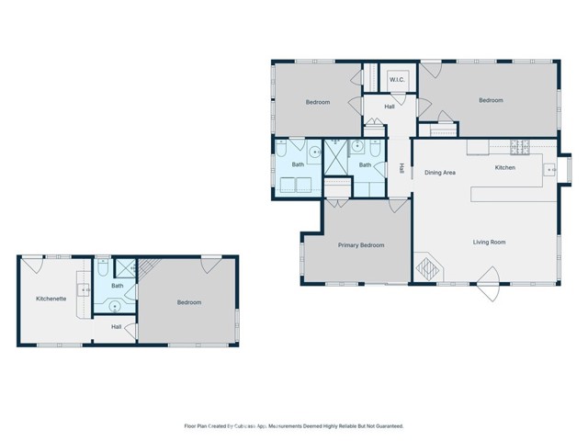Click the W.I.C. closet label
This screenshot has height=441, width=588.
397,80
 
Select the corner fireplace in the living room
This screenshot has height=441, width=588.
429,270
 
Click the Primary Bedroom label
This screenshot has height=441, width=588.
360,245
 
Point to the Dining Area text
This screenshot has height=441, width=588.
440,172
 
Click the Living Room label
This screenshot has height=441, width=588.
490,243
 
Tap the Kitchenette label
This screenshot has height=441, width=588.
51,299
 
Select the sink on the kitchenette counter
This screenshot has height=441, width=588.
85,289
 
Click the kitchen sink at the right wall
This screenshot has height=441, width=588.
551,169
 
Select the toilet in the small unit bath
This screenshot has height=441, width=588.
103,266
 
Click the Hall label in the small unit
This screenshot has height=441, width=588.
117,326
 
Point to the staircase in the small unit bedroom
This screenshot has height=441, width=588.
147,267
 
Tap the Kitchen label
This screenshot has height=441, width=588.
505,168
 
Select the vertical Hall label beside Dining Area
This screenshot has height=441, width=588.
401,168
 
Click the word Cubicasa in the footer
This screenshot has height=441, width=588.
240,426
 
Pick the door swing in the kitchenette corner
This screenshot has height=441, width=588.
31,265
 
